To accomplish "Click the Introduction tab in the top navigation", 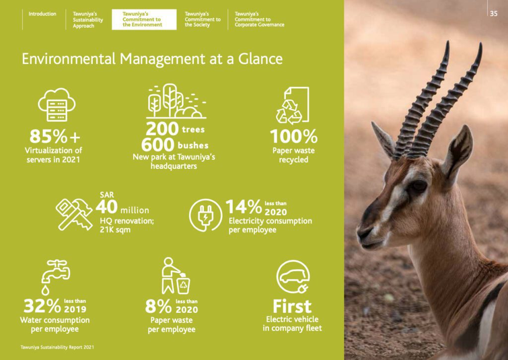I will (x=42, y=14).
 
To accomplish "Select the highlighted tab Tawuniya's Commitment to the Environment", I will (x=143, y=19).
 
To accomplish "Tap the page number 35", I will (x=493, y=14).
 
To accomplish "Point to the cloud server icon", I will (x=57, y=105).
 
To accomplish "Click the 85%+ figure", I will (x=55, y=136).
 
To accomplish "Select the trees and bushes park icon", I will (x=176, y=101).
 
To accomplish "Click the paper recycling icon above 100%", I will (x=293, y=105).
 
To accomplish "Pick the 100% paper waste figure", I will (x=293, y=136).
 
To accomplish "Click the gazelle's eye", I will (x=418, y=187).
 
